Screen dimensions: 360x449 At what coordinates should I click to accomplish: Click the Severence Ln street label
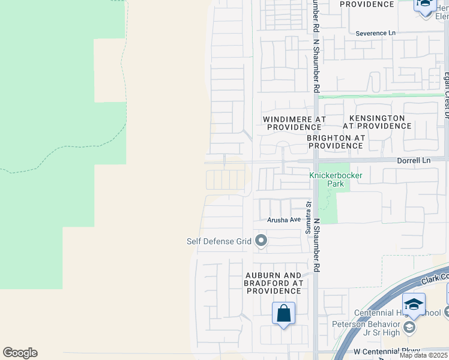376,33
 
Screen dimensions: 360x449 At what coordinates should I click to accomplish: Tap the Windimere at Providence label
294,124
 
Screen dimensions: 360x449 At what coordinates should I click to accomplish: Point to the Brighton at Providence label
336,142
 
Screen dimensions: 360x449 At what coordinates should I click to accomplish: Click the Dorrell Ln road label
414,161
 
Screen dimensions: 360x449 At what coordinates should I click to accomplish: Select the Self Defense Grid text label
218,242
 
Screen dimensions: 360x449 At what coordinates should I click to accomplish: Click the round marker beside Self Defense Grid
261,241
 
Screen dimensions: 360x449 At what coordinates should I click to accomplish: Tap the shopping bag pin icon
283,314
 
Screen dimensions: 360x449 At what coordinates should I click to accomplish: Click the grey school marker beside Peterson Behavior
409,328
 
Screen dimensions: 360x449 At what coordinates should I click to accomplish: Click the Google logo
20,353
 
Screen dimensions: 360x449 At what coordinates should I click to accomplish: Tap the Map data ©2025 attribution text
424,355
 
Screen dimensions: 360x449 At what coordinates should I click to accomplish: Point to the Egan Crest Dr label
446,90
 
